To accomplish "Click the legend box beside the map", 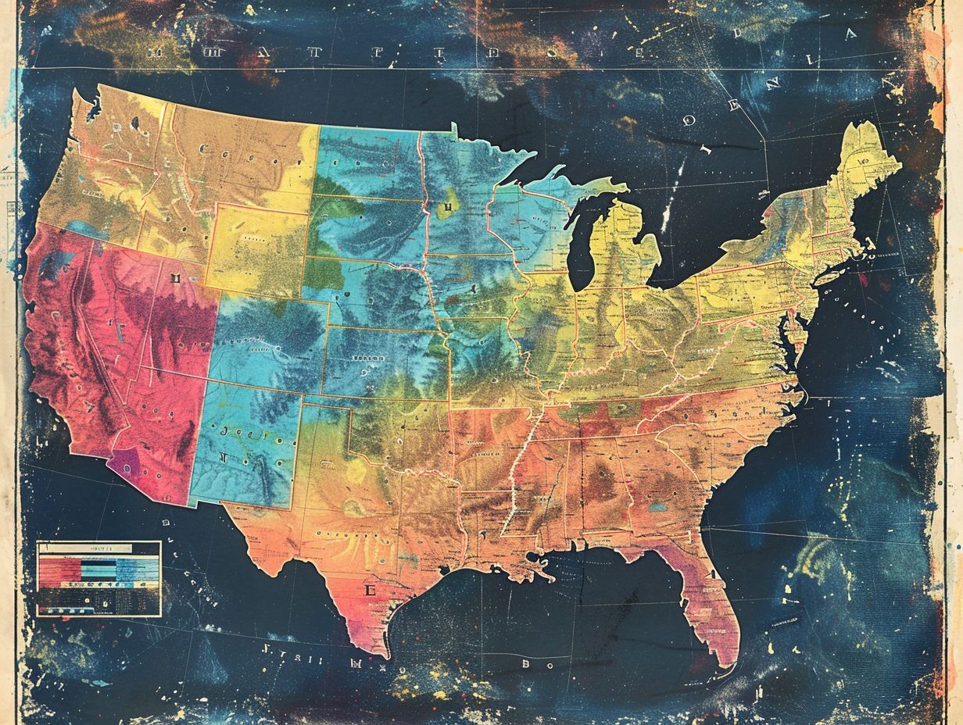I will pos(98,578).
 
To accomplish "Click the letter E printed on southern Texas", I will pos(371,590).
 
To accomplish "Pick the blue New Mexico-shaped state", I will pos(246,445).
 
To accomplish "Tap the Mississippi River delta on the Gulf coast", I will pos(543,567).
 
